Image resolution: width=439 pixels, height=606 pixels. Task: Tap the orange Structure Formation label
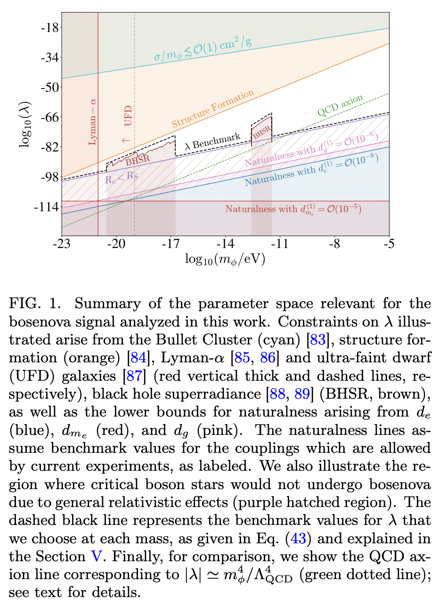tap(212, 109)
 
